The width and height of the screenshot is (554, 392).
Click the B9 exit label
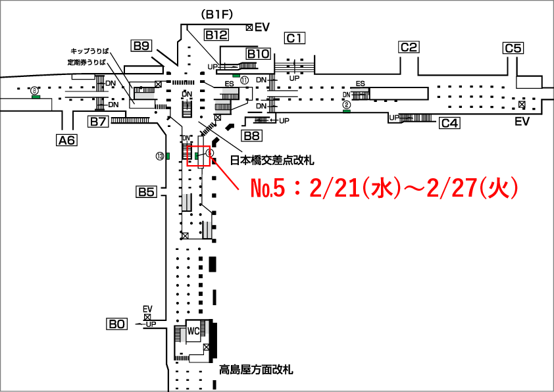click(x=142, y=45)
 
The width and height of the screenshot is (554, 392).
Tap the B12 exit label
click(x=216, y=35)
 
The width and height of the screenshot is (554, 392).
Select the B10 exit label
click(x=259, y=53)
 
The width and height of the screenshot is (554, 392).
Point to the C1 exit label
click(x=295, y=38)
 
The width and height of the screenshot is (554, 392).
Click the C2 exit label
click(x=409, y=47)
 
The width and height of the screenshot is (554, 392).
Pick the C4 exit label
click(x=450, y=123)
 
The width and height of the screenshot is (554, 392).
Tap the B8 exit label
click(x=251, y=135)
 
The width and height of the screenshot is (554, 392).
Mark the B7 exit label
click(x=99, y=121)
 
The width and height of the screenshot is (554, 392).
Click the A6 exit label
click(x=66, y=139)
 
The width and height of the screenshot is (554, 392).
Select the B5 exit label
click(x=145, y=192)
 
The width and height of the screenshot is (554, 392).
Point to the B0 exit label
click(x=117, y=324)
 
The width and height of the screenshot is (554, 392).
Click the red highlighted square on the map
click(x=199, y=156)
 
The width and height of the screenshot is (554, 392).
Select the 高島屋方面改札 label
click(x=255, y=370)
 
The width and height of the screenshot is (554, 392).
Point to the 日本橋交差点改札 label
click(x=272, y=160)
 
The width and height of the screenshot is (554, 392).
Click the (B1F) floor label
click(x=218, y=14)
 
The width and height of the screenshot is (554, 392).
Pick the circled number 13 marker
click(x=159, y=156)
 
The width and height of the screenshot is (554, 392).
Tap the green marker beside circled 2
click(x=347, y=110)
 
